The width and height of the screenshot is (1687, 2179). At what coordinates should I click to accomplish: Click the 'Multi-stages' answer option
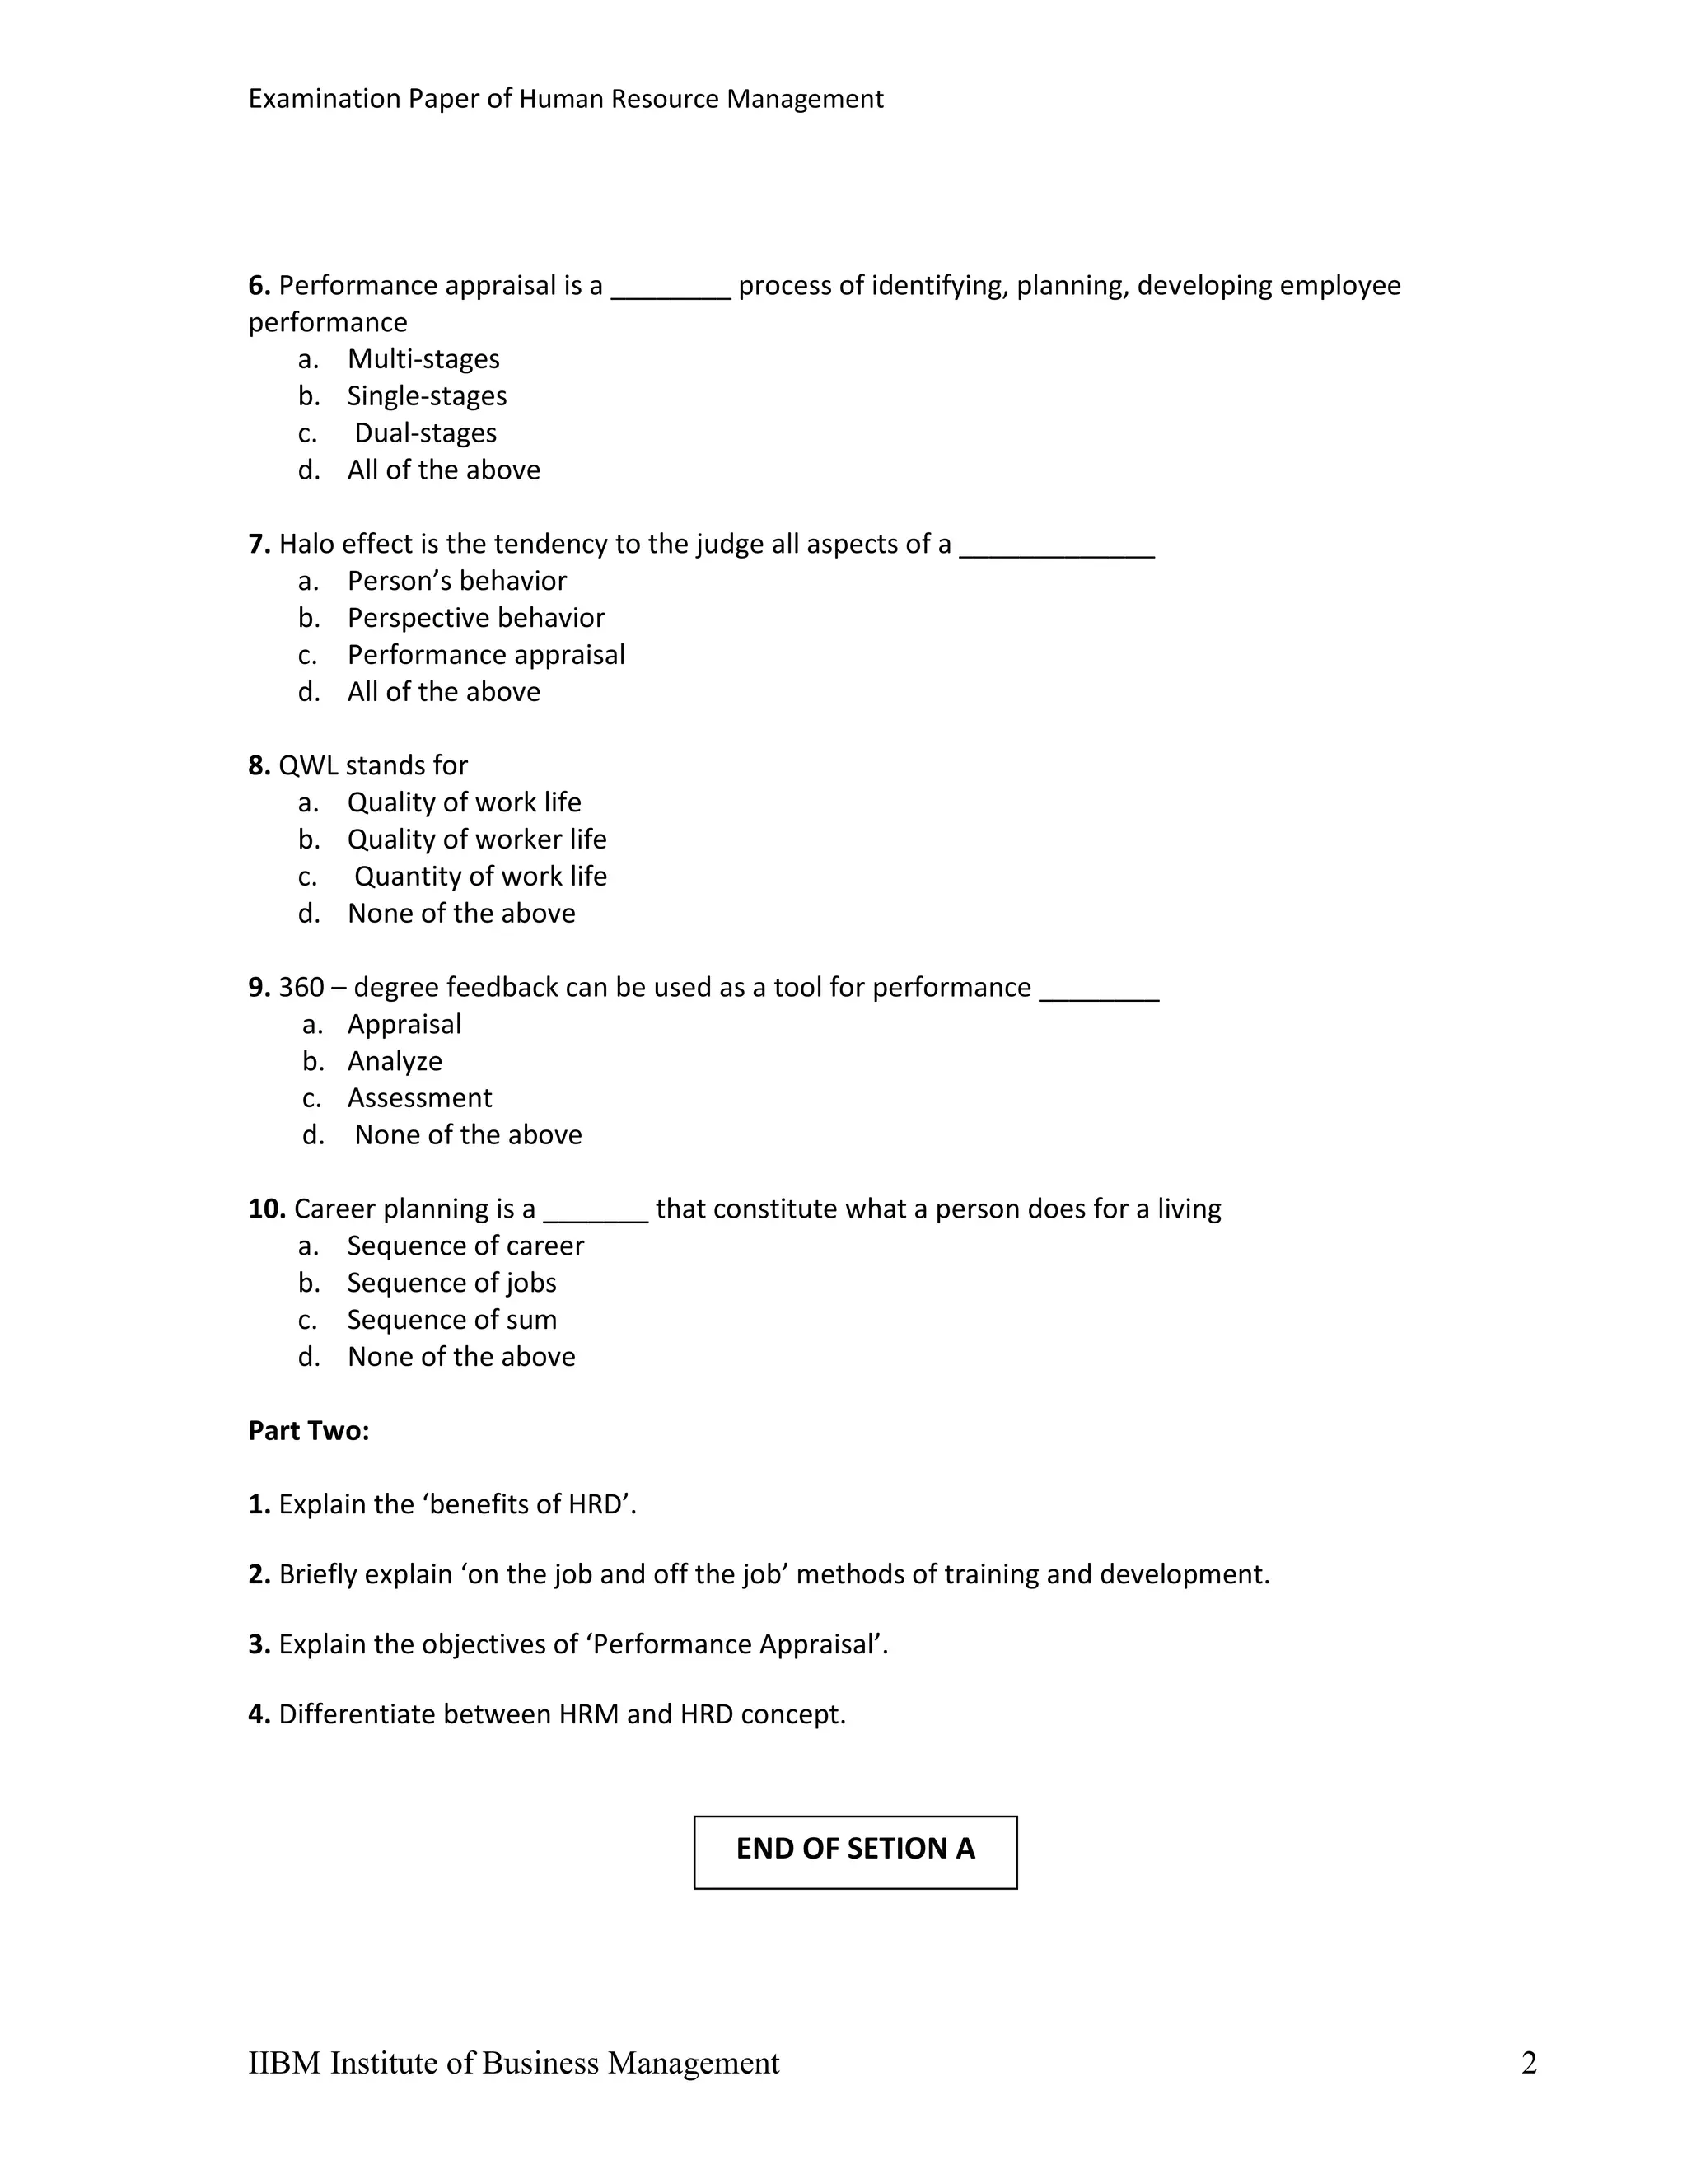(423, 359)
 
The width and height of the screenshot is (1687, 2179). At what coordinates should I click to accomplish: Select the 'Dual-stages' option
(425, 433)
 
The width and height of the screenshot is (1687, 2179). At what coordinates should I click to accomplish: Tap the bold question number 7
(259, 544)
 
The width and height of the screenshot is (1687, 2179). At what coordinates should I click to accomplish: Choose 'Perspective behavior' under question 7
(476, 619)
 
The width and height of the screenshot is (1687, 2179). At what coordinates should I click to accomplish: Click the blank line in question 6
(671, 293)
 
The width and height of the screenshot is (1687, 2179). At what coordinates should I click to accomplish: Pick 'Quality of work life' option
(464, 802)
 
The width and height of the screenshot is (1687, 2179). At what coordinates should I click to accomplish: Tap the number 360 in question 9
(301, 988)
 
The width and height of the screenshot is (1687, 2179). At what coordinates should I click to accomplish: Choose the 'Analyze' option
(394, 1062)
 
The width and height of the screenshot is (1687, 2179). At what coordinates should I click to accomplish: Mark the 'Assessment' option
(419, 1098)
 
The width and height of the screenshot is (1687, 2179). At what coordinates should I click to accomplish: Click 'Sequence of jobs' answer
(451, 1283)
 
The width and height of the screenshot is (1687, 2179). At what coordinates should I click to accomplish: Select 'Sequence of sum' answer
(451, 1320)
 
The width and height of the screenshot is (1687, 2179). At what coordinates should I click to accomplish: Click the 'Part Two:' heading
(308, 1431)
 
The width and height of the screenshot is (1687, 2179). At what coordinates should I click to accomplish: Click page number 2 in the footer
(1528, 2064)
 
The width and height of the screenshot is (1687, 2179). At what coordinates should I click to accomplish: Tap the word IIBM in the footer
(284, 2064)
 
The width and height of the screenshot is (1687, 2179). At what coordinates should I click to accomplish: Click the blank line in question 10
(596, 1216)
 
